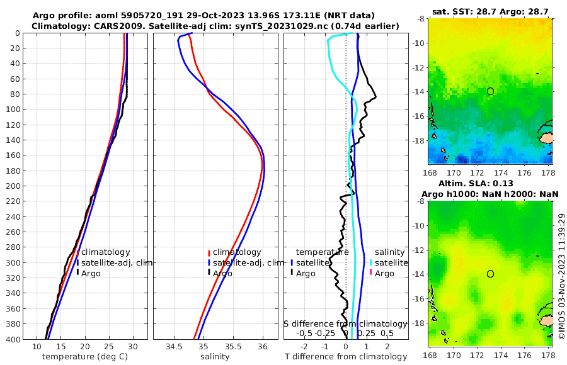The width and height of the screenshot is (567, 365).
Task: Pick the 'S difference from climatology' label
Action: point(346,323)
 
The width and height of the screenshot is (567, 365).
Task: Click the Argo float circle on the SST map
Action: point(490,91)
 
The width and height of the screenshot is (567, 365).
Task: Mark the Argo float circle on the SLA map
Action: point(490,274)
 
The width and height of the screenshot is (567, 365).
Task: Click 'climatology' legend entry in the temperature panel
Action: point(105,252)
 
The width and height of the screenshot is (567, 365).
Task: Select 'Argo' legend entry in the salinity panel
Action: point(222,273)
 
